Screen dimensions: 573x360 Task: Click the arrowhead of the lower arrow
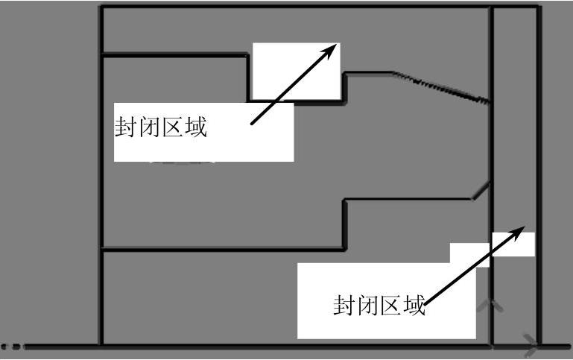pyautogui.click(x=525, y=228)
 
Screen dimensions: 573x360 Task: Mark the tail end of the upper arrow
pyautogui.click(x=253, y=124)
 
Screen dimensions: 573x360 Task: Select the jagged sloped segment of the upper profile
pyautogui.click(x=441, y=86)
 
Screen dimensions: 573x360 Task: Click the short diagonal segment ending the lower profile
pyautogui.click(x=481, y=190)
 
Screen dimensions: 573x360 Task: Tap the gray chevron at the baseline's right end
pyautogui.click(x=531, y=344)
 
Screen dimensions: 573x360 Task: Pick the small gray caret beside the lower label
pyautogui.click(x=489, y=305)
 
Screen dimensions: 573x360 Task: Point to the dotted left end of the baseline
pyautogui.click(x=13, y=347)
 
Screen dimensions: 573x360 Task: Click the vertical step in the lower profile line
pyautogui.click(x=344, y=224)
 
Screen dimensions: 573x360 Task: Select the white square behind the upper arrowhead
pyautogui.click(x=297, y=71)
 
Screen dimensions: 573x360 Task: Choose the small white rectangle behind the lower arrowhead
pyautogui.click(x=514, y=244)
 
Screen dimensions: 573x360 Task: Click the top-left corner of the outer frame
pyautogui.click(x=101, y=8)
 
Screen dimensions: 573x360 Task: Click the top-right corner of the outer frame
pyautogui.click(x=539, y=8)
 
